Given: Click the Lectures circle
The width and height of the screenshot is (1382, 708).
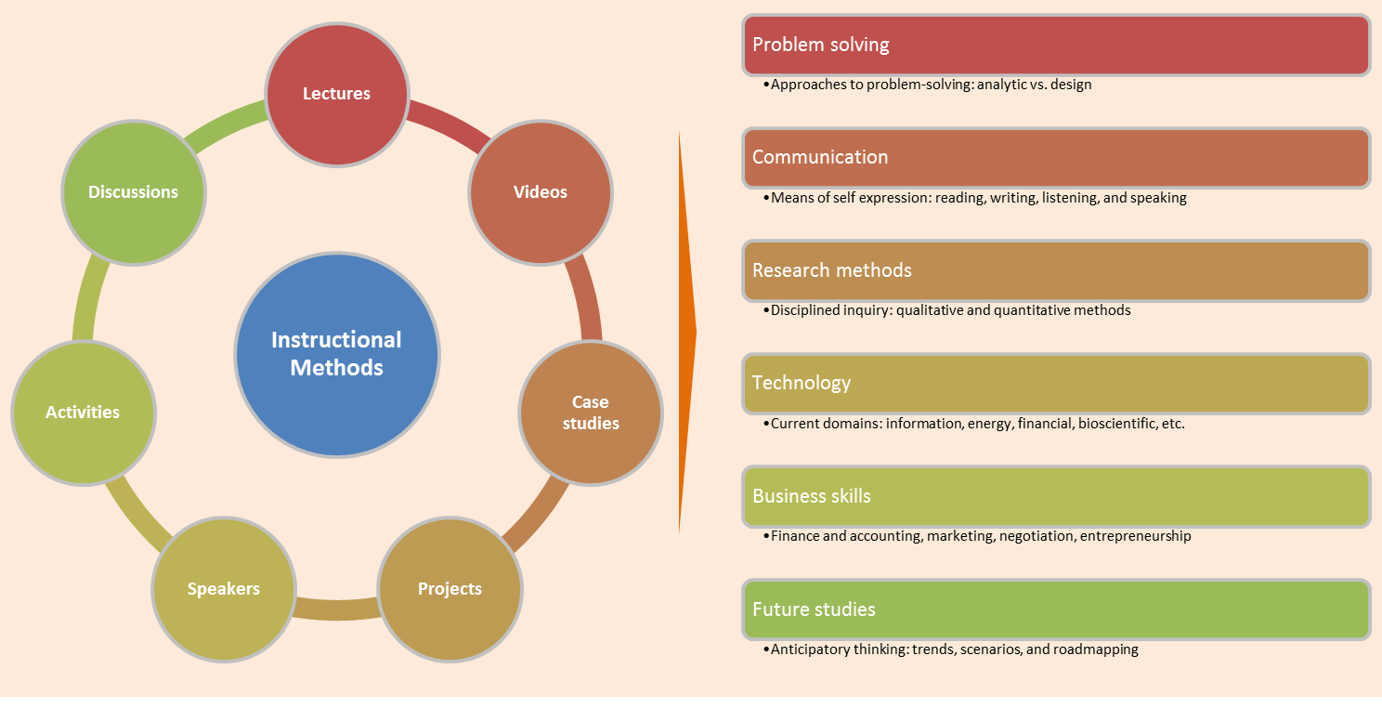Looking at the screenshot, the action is tap(337, 94).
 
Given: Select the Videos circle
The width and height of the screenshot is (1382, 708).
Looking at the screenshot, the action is tap(541, 192).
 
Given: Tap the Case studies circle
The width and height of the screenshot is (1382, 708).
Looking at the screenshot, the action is tap(590, 413).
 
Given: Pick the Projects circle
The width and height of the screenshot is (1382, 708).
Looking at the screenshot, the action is tap(450, 589).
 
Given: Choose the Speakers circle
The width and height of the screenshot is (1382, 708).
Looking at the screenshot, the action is tap(224, 589).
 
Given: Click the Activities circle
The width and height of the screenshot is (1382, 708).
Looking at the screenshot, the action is tap(83, 413).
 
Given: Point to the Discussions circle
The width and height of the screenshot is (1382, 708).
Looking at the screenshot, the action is tap(133, 192).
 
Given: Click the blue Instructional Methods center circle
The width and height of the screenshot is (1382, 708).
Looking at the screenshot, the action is tap(336, 354).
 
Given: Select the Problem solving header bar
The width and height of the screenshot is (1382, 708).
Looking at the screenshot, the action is tap(1056, 45).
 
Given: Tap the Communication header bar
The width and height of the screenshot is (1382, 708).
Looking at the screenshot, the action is tap(1056, 157).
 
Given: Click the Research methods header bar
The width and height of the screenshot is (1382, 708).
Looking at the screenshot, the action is tap(1056, 270).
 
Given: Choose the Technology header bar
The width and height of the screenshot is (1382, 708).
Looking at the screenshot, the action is tap(1056, 383).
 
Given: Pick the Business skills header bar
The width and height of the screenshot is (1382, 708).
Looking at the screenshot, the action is tap(1056, 496).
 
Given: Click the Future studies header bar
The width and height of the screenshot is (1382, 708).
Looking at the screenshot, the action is tap(1056, 610).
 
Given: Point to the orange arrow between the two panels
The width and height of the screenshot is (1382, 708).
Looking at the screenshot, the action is tap(686, 333).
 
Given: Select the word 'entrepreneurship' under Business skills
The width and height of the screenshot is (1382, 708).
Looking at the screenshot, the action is tap(1135, 536).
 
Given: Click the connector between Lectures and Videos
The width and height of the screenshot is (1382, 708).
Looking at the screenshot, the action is tap(445, 125).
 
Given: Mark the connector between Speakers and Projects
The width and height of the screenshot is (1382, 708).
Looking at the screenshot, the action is tap(336, 608).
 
